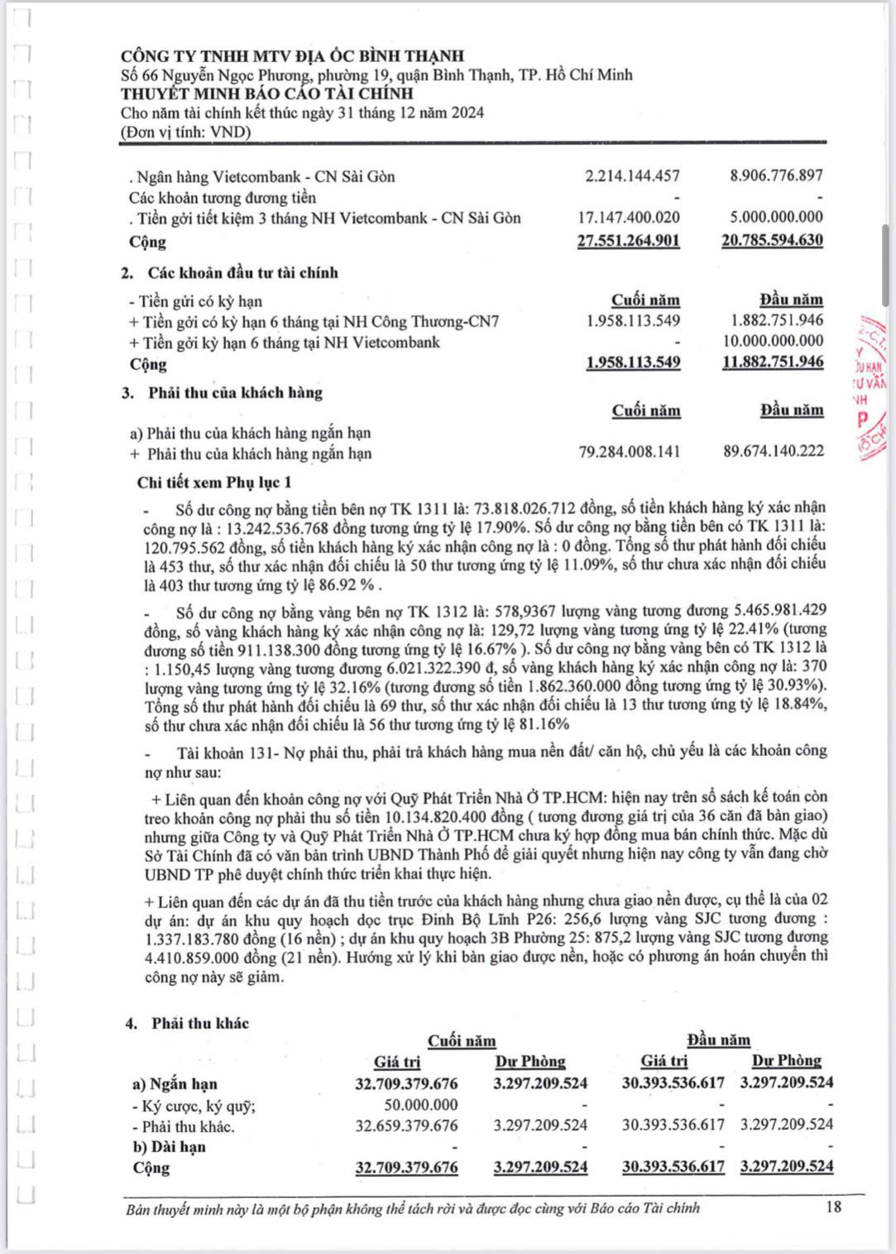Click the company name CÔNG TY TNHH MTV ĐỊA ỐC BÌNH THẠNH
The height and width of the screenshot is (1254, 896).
tap(292, 56)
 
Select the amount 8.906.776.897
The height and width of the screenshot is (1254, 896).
tap(776, 175)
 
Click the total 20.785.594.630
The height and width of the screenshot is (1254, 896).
tap(772, 241)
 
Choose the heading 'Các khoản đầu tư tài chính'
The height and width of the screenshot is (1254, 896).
tap(242, 273)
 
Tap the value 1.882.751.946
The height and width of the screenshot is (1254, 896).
tap(777, 320)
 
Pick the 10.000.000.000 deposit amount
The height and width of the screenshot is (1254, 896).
tap(773, 341)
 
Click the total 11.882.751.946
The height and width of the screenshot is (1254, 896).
tap(773, 362)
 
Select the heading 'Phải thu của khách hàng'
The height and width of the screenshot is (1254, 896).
tap(235, 393)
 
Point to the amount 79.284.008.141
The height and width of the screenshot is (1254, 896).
tap(630, 452)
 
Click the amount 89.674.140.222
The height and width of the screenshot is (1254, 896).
tap(773, 452)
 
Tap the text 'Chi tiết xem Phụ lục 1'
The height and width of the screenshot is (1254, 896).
tap(214, 483)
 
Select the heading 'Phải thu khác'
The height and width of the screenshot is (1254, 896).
tap(199, 1024)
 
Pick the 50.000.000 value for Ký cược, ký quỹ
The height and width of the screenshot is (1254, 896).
tap(420, 1105)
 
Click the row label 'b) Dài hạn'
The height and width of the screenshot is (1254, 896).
tap(169, 1147)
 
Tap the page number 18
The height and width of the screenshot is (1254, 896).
tap(833, 1207)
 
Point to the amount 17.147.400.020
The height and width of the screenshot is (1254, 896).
tap(629, 218)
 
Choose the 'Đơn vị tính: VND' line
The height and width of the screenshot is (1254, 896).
tap(185, 132)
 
